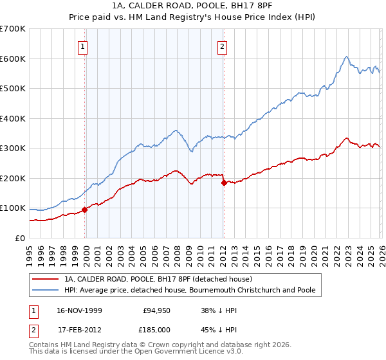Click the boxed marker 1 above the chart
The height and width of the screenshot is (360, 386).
point(84,46)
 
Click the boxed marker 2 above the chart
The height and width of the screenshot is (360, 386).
point(222,46)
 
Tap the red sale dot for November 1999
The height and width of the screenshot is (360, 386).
point(85,210)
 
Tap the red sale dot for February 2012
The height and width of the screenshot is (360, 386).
point(223,183)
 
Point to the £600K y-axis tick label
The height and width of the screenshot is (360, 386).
point(13,59)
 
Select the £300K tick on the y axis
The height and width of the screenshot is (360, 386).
point(13,148)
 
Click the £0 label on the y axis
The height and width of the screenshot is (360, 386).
point(20,238)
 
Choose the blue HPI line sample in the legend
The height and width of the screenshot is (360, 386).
point(46,291)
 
